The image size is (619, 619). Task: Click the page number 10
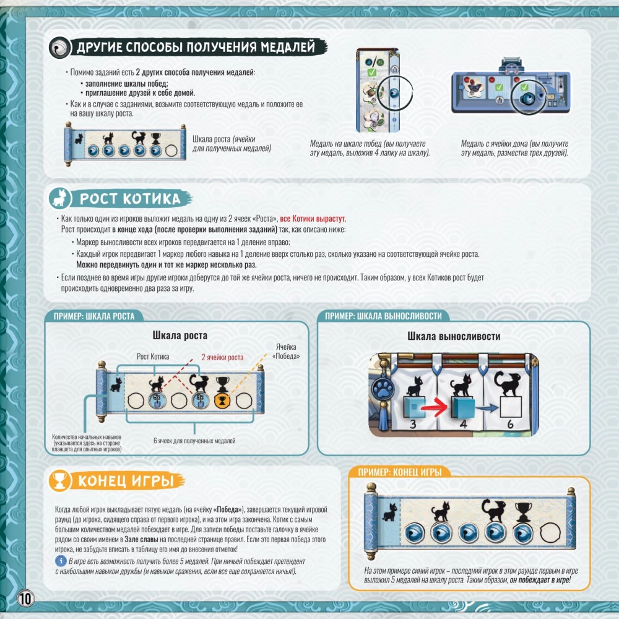tap(25, 599)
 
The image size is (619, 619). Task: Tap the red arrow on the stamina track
tap(435, 408)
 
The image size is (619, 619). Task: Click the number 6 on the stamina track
tap(510, 424)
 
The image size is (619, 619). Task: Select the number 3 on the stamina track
tap(413, 425)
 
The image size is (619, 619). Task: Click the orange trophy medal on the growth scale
tap(222, 400)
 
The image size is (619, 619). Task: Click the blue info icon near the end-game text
tap(61, 561)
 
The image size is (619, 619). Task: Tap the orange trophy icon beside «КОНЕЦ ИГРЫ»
tap(60, 481)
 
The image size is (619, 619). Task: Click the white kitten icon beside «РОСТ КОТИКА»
tap(60, 198)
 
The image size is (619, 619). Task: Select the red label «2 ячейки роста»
tap(222, 357)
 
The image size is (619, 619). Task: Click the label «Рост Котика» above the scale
tap(153, 357)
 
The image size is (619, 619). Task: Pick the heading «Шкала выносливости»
tap(454, 336)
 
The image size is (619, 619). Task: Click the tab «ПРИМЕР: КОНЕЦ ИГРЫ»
tap(399, 472)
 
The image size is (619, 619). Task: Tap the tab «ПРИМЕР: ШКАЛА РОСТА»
tap(94, 316)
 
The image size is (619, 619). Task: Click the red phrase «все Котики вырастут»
tap(313, 219)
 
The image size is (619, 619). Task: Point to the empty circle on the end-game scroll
tap(550, 533)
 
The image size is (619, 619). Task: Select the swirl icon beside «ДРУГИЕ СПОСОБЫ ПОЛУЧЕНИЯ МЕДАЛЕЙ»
tap(60, 48)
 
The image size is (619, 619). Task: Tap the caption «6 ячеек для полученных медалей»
tap(194, 441)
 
